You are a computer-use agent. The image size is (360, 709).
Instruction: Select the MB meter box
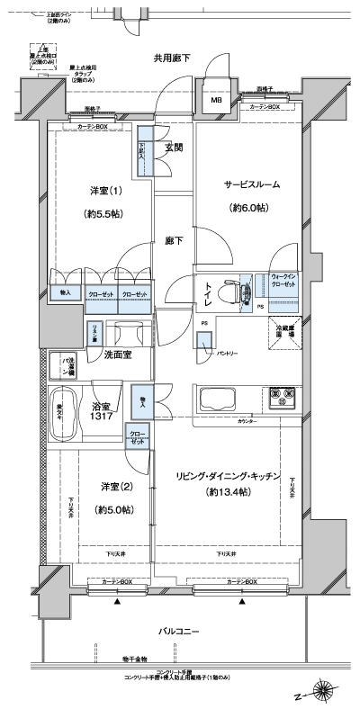click(x=216, y=101)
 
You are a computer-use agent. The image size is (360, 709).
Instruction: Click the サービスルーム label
click(x=252, y=184)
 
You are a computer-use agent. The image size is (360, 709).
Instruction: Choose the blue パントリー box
click(x=205, y=343)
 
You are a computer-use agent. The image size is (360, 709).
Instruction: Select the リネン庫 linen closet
click(x=93, y=334)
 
